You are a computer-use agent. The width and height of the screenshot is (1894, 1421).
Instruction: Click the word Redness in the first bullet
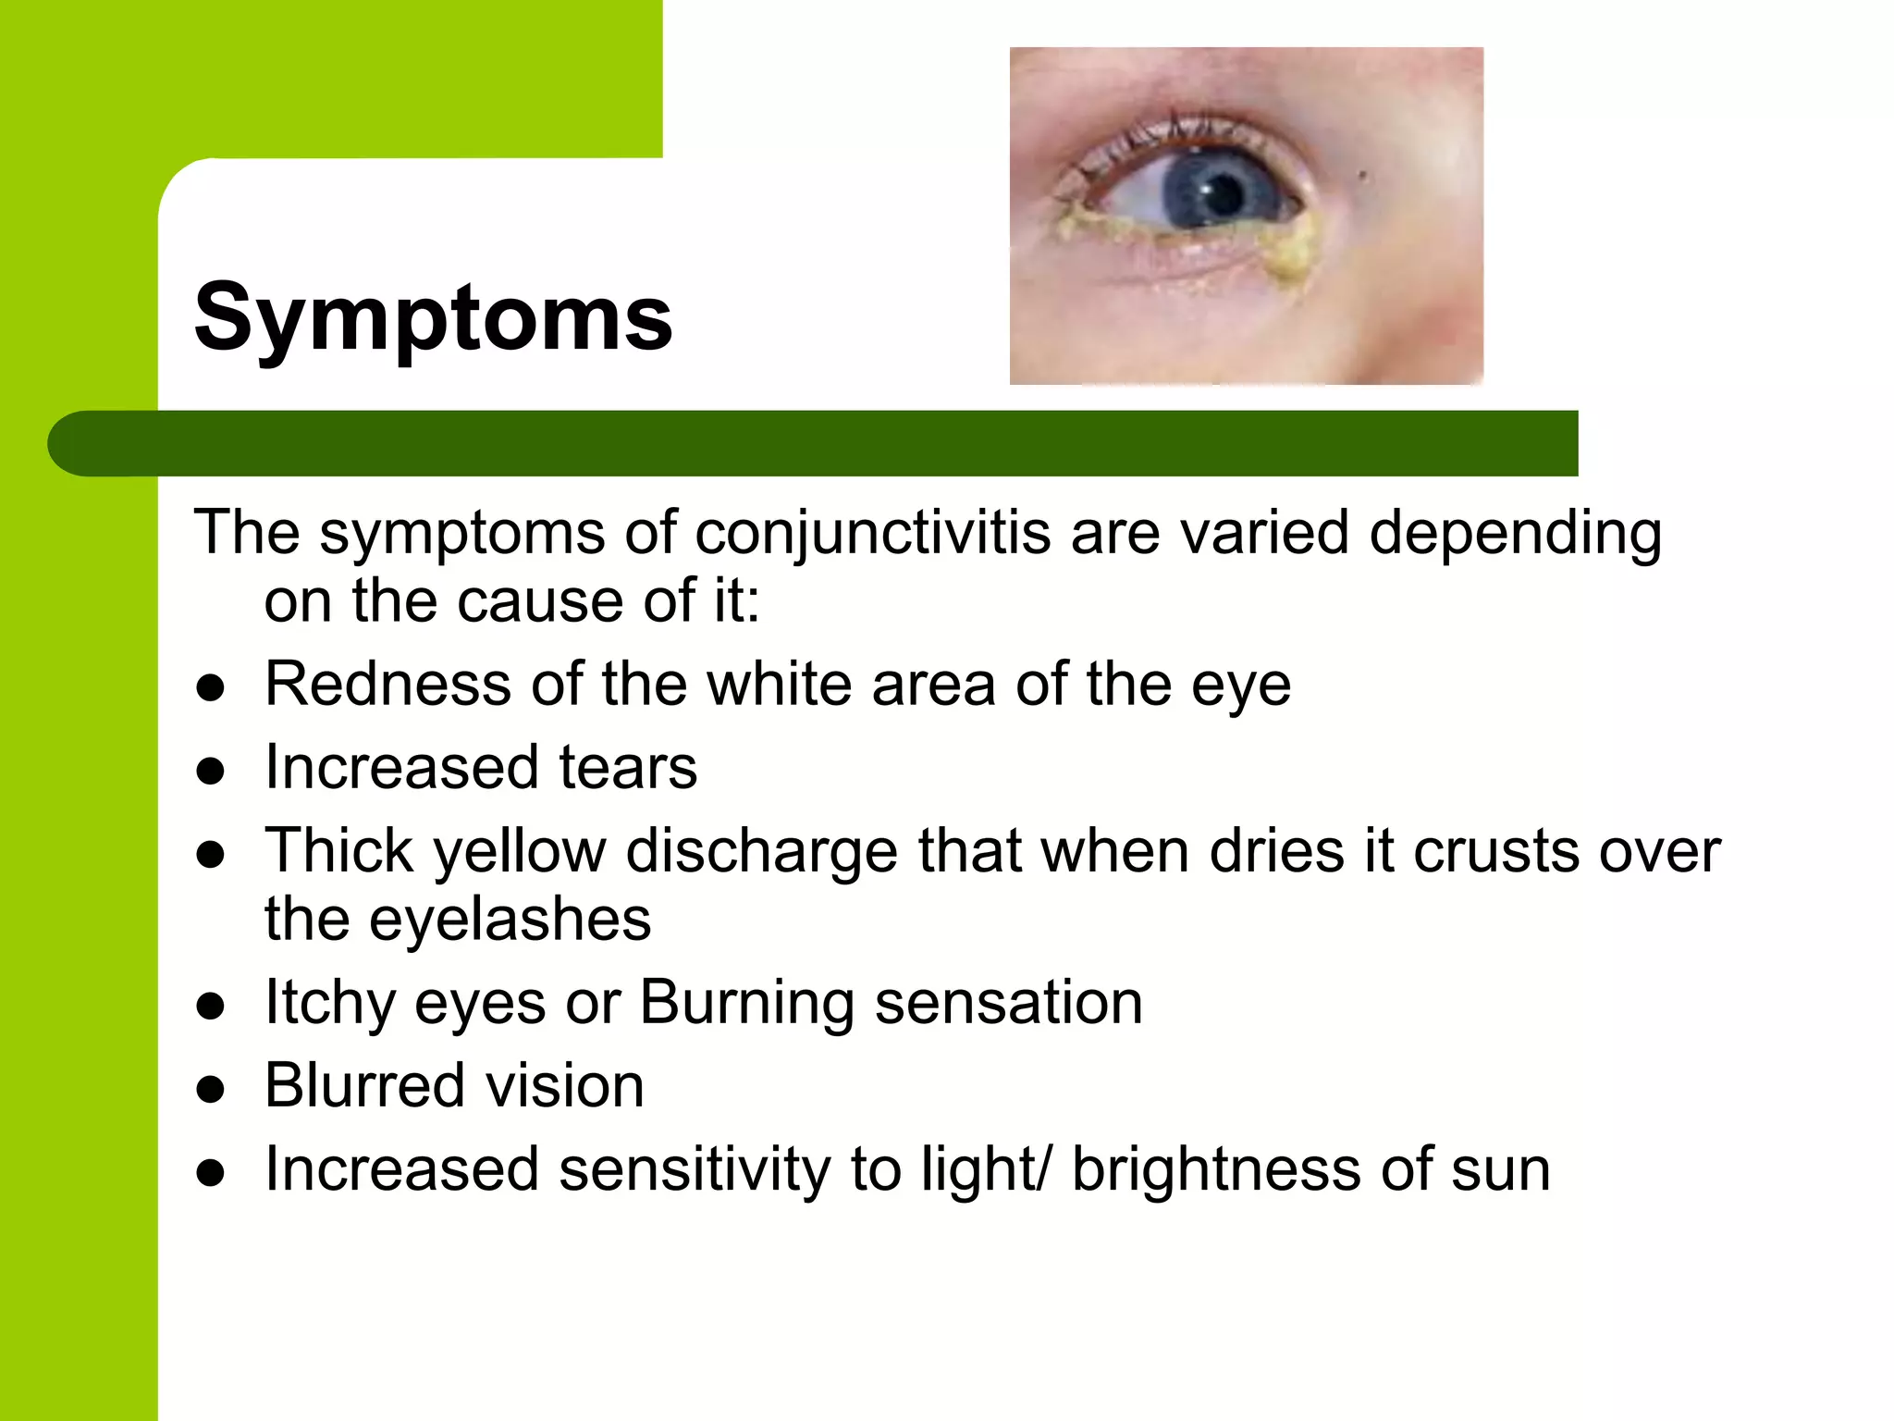coord(387,685)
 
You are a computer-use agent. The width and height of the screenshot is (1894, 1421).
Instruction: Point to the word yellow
coord(520,851)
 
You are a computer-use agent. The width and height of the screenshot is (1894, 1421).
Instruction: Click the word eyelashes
coord(510,920)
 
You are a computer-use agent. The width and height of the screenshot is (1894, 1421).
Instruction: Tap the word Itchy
coord(329,1003)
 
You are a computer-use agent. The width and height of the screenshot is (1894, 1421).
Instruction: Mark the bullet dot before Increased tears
coord(211,772)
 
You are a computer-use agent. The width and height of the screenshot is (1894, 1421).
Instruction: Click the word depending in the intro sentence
coord(1515,534)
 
